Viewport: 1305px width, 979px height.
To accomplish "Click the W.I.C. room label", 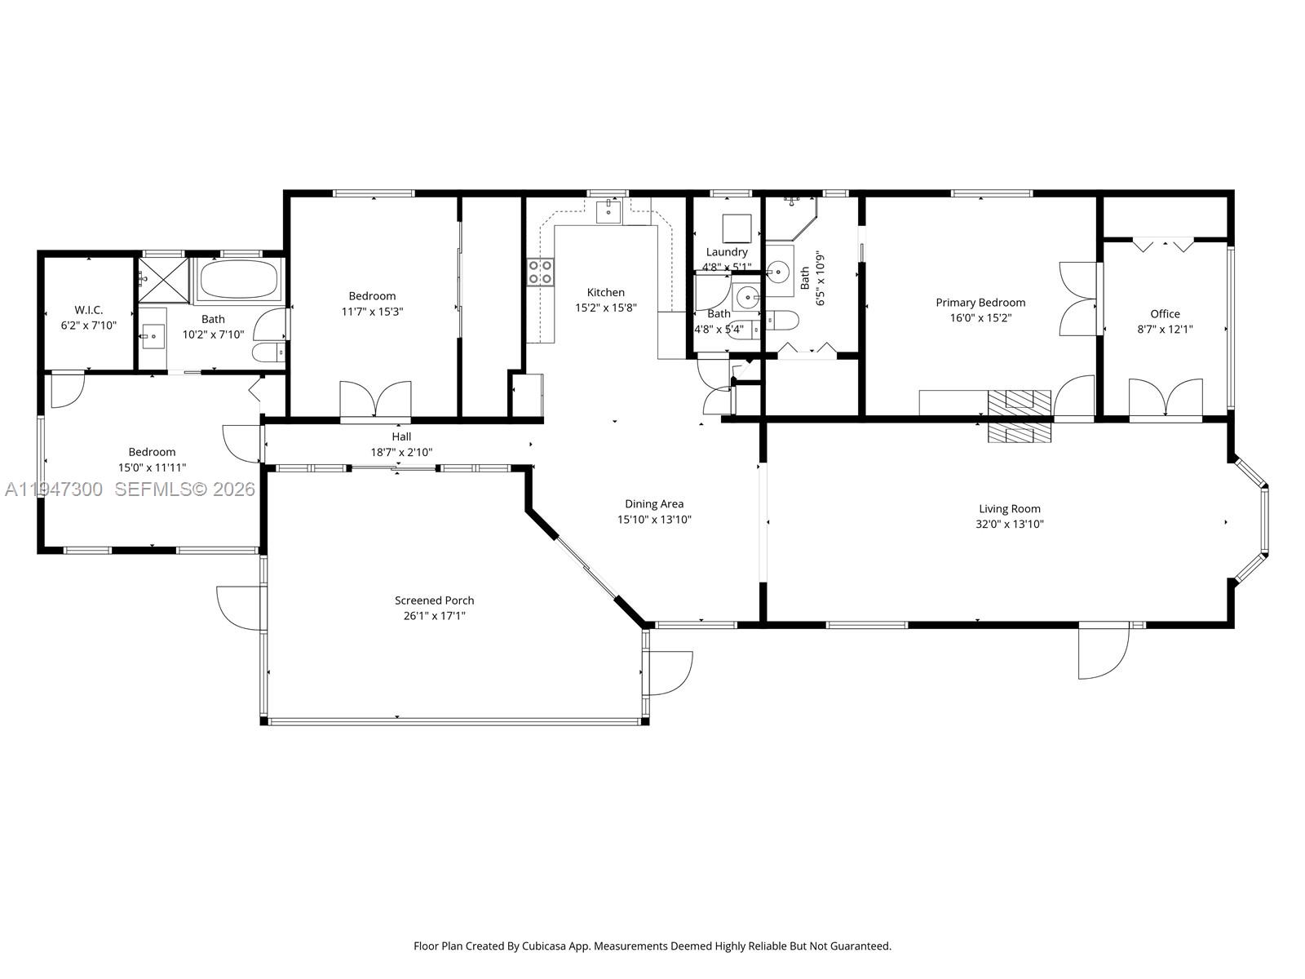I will pyautogui.click(x=88, y=310).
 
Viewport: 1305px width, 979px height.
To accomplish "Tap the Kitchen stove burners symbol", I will pyautogui.click(x=540, y=272).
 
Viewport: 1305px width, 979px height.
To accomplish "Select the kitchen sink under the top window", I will pyautogui.click(x=608, y=210).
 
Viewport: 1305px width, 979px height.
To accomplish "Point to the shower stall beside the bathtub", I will pyautogui.click(x=163, y=280).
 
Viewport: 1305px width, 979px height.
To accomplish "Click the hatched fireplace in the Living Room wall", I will pyautogui.click(x=1020, y=415).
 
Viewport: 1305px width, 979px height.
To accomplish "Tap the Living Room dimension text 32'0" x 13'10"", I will pyautogui.click(x=1010, y=525).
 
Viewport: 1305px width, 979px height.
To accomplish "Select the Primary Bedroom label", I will pyautogui.click(x=980, y=303).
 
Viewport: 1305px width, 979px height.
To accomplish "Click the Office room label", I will pyautogui.click(x=1165, y=314).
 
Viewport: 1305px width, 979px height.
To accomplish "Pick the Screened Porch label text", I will pyautogui.click(x=434, y=600).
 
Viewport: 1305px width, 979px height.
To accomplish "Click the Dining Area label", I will pyautogui.click(x=654, y=504).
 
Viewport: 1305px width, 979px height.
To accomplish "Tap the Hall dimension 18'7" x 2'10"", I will pyautogui.click(x=401, y=452).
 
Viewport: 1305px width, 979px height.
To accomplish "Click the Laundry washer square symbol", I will pyautogui.click(x=737, y=226).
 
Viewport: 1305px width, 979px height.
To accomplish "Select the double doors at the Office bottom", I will pyautogui.click(x=1166, y=399).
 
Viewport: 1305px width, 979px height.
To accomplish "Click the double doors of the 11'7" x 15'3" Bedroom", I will pyautogui.click(x=375, y=401).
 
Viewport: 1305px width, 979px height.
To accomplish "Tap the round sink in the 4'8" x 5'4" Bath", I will pyautogui.click(x=748, y=299).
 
